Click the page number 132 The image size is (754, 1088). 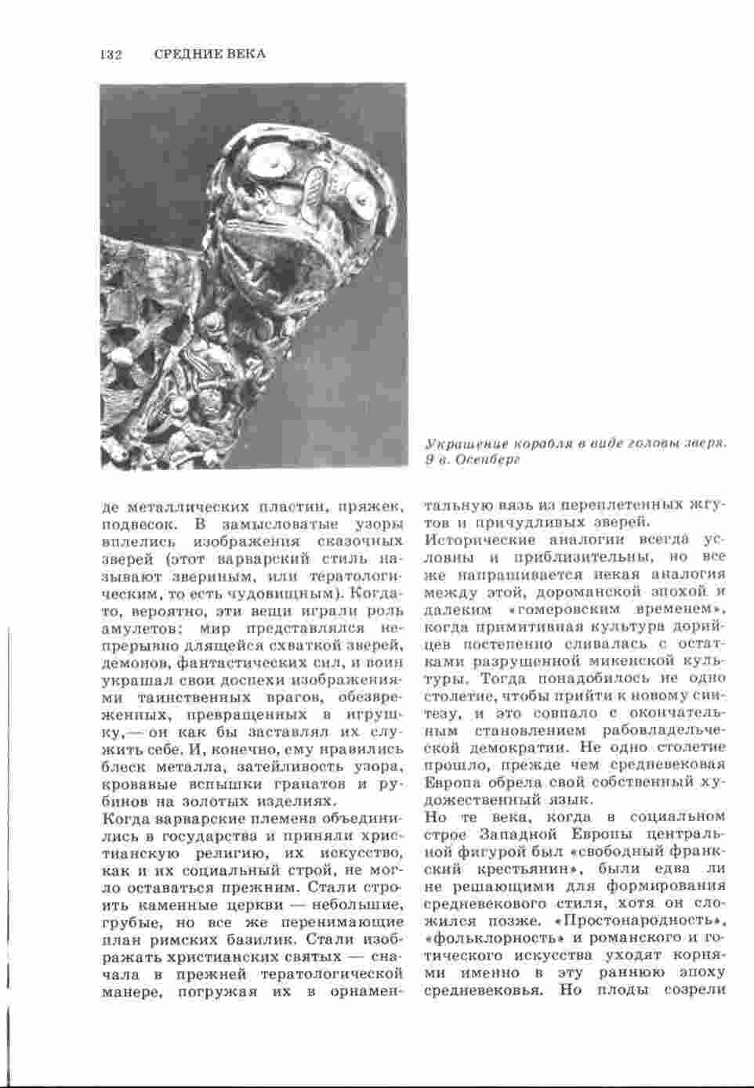111,54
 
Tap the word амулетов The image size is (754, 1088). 139,627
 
